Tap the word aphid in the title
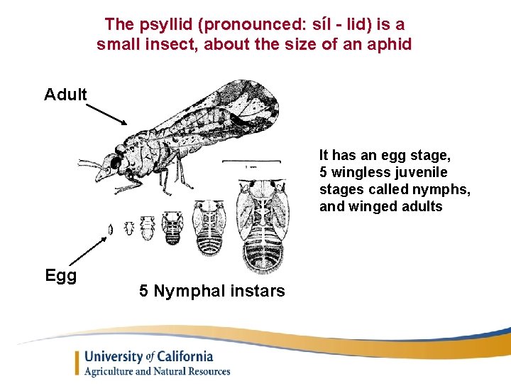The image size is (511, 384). click(389, 44)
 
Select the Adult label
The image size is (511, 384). click(65, 95)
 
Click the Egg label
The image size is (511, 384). click(60, 275)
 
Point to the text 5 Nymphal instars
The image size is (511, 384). click(212, 291)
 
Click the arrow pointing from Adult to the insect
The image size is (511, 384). click(106, 113)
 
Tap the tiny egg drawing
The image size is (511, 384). click(111, 230)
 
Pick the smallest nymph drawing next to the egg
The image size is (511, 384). click(130, 228)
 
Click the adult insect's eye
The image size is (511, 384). click(115, 163)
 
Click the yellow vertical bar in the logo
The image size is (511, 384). click(77, 363)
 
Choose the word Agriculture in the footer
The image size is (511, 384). click(115, 371)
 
